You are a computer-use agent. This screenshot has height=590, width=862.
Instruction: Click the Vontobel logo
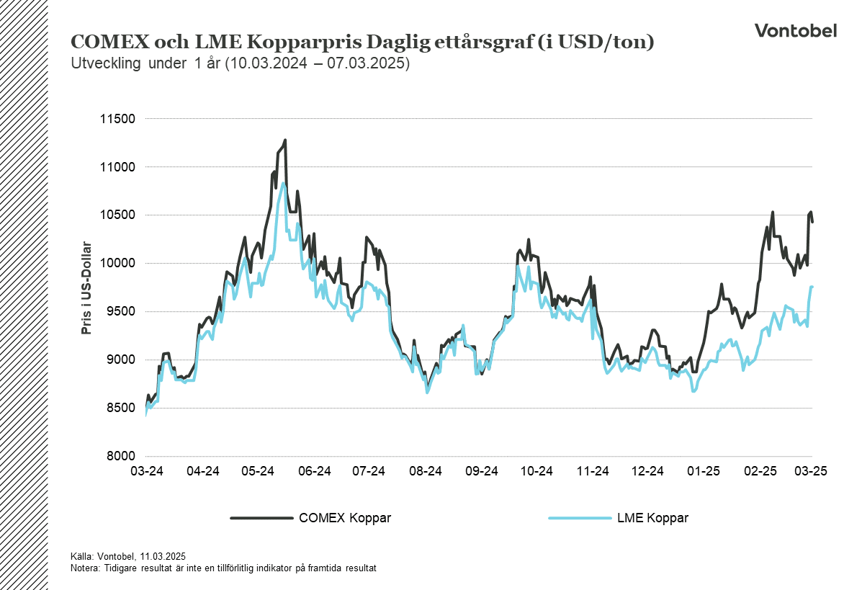coord(795,30)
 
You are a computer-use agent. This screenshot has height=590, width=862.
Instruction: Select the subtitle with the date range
coord(241,63)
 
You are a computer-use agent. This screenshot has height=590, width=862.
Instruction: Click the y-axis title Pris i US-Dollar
coord(87,287)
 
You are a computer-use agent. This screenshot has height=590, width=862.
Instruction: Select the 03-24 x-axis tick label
coord(146,471)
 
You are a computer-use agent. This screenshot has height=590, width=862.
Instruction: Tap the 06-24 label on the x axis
coord(314,471)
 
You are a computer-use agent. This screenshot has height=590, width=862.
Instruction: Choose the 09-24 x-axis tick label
coord(481,471)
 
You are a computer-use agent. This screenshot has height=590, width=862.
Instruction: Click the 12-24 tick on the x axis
coord(647,471)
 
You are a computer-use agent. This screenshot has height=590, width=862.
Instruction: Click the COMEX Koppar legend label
coord(344,518)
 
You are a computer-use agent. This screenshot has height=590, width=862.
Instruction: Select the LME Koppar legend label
coord(652,518)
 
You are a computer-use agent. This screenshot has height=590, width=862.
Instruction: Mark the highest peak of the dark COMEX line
coord(285,140)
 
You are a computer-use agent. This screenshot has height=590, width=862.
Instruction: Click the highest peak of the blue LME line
coord(284,183)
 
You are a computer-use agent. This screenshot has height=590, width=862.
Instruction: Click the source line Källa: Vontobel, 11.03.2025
coord(128,555)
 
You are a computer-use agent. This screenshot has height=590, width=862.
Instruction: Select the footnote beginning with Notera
coord(223,568)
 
